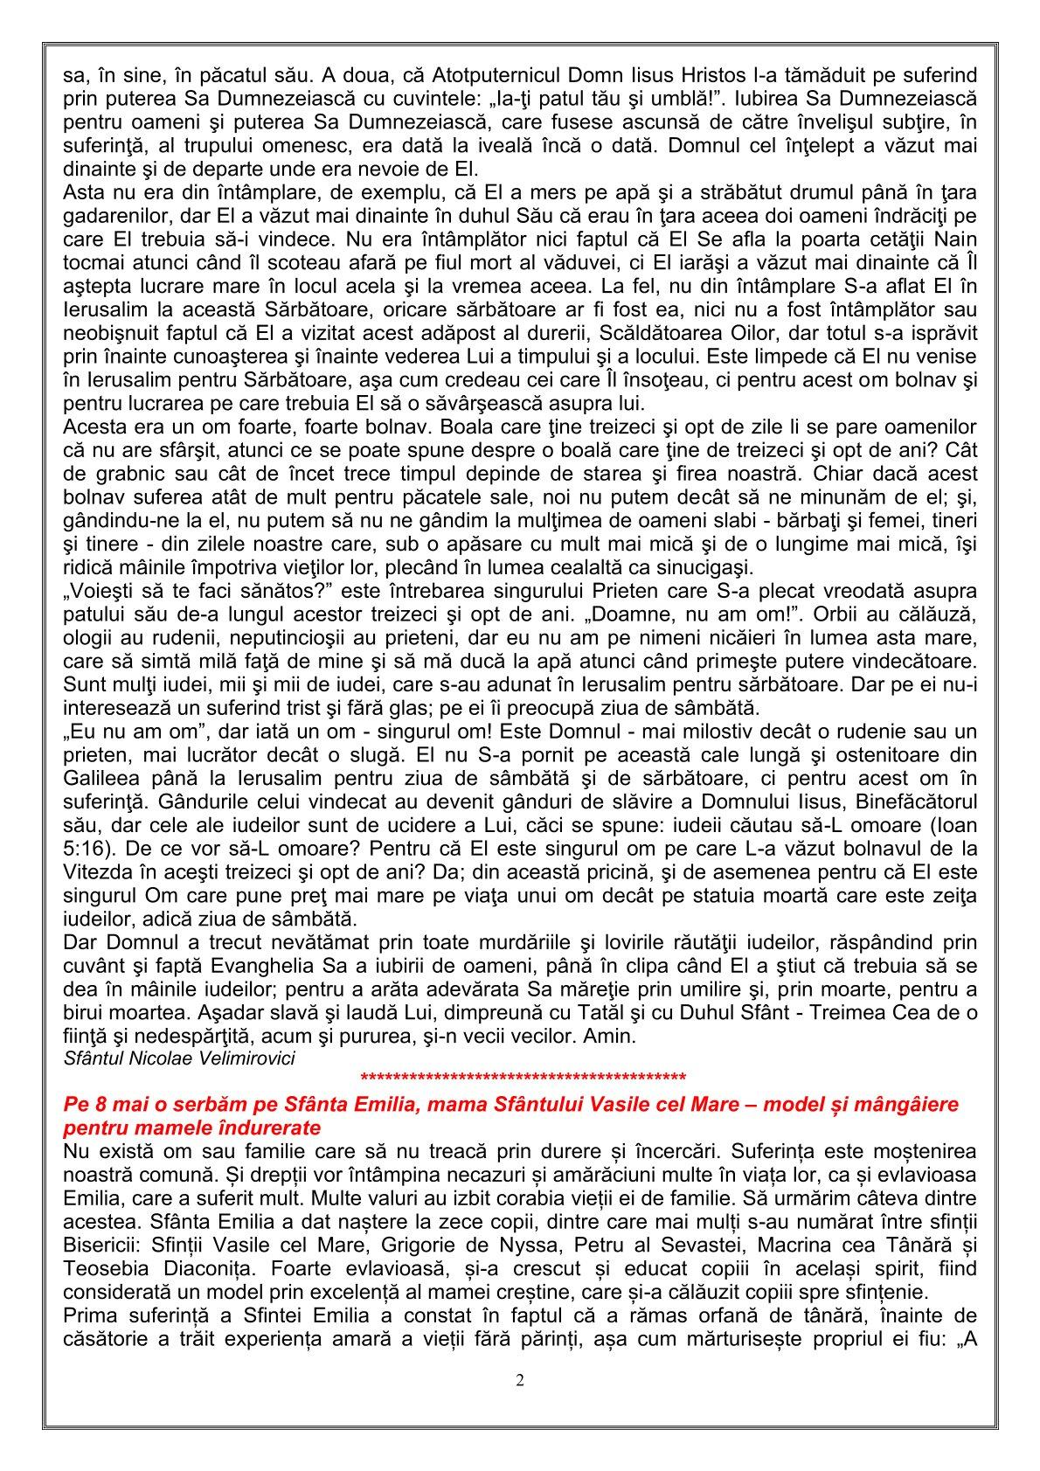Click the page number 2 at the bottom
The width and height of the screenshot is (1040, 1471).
click(x=520, y=1380)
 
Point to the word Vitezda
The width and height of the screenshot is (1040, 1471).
click(x=95, y=871)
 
